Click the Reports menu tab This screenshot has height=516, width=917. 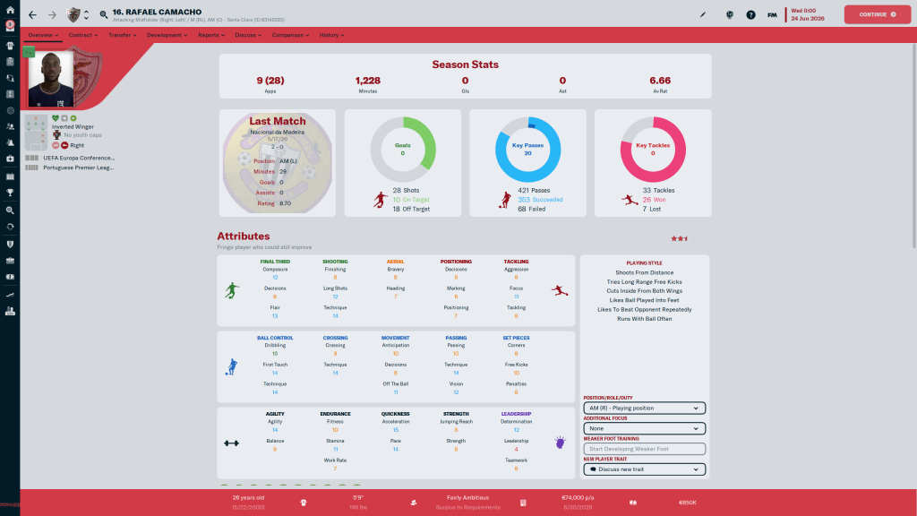pos(210,35)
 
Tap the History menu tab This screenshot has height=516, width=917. pos(330,35)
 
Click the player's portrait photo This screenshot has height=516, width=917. pos(50,79)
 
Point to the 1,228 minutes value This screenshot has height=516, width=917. pos(368,81)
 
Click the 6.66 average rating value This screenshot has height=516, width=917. pos(660,81)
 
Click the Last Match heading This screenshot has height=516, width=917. pos(277,121)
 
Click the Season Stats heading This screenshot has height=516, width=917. pos(465,64)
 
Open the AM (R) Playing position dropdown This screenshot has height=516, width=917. pos(644,408)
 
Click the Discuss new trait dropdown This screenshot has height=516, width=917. pos(644,469)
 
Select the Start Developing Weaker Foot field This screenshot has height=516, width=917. pos(644,449)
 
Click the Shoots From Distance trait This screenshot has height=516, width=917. pos(645,272)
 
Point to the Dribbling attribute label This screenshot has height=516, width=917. pos(275,346)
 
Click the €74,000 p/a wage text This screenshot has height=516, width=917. pos(578,496)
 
